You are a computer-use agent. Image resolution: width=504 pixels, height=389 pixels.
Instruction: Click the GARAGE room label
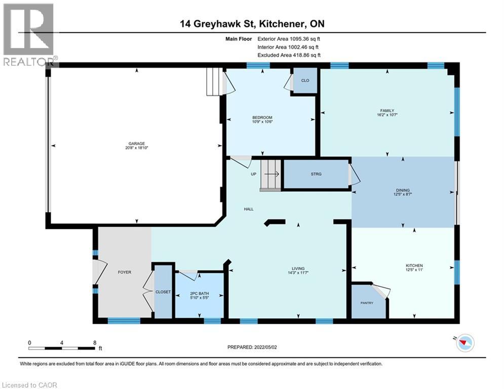137,143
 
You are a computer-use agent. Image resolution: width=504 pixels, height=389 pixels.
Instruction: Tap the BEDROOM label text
262,118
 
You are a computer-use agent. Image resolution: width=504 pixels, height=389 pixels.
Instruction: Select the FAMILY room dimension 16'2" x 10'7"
387,115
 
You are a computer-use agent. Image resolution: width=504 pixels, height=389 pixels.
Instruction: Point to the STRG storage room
316,174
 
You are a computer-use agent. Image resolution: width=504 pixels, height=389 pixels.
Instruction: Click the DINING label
403,190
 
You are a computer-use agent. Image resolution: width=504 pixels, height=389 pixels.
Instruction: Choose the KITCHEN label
414,265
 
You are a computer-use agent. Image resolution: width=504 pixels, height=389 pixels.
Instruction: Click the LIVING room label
298,268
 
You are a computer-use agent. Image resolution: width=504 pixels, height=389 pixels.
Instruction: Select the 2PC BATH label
199,293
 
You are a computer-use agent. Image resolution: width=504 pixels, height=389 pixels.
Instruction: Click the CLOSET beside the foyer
163,292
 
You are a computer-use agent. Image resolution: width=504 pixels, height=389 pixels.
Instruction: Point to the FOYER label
125,272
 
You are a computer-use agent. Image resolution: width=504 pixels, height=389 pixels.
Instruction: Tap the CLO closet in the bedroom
305,81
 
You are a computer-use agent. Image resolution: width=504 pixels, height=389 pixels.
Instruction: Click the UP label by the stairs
254,174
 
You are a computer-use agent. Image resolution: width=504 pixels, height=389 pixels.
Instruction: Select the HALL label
249,209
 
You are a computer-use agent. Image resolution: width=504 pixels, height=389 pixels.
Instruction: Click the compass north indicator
465,343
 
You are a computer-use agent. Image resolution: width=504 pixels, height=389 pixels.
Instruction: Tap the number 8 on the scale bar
95,343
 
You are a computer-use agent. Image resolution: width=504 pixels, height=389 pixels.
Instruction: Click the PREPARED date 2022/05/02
265,347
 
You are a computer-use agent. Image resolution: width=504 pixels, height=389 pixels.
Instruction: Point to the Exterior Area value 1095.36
299,39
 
